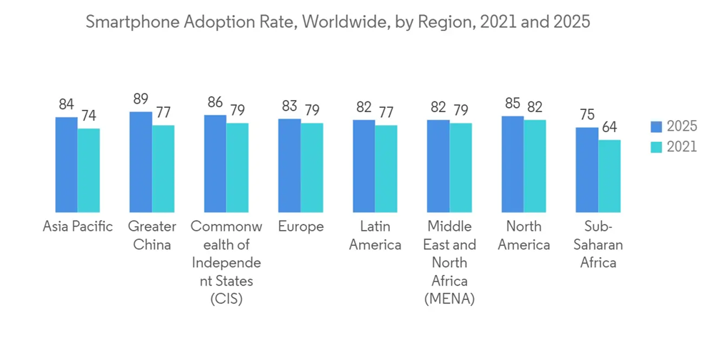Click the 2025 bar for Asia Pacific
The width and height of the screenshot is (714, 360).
[66, 165]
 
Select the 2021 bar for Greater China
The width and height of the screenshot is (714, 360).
[163, 169]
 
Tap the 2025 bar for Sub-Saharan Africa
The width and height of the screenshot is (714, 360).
[587, 170]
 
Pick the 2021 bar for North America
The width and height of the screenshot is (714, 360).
[535, 166]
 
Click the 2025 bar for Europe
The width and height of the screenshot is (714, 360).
[289, 166]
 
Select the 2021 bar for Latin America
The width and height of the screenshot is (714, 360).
[386, 169]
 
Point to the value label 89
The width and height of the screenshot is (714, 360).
[141, 99]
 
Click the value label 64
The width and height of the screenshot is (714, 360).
[609, 127]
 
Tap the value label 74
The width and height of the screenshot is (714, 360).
[89, 116]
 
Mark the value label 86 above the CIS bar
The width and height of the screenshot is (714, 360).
[215, 103]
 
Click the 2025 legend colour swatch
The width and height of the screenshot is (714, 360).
[656, 126]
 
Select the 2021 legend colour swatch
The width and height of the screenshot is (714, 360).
[656, 147]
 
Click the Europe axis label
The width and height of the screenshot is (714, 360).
[301, 227]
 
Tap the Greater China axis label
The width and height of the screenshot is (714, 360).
[152, 236]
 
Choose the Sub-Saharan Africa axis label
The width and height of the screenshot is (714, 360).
[598, 244]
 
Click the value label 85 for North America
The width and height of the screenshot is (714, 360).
[512, 104]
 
